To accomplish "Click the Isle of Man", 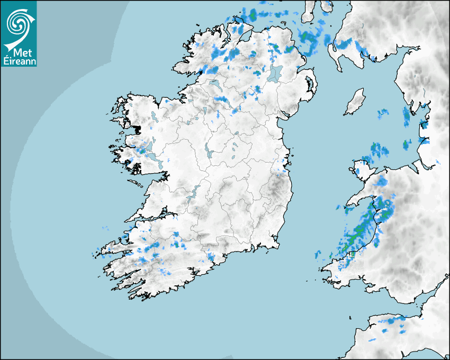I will coord(355,102).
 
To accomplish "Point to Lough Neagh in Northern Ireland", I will coord(275,74).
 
